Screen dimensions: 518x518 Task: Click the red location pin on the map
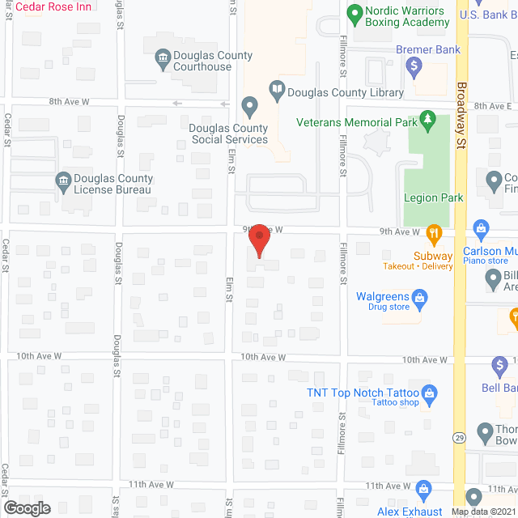(259, 241)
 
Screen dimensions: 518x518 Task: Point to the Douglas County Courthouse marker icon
(161, 57)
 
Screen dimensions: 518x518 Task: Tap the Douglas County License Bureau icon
(62, 181)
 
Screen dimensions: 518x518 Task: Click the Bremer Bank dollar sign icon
(414, 66)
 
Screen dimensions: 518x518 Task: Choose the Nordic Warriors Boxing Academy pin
(354, 14)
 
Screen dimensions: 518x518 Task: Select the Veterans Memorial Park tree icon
(428, 121)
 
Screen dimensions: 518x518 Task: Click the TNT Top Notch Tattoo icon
(431, 393)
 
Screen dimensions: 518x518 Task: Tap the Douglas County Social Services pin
(250, 106)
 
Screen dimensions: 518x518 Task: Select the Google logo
(27, 507)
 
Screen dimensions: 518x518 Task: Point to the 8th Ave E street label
(493, 106)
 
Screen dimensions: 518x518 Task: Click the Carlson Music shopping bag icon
(482, 228)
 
